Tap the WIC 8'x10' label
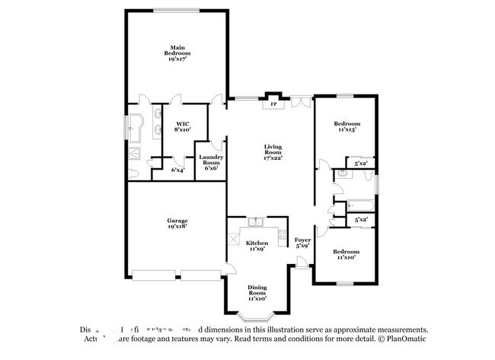(x=182, y=127)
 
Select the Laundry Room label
(x=210, y=163)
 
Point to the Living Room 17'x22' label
(x=273, y=151)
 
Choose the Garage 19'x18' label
(x=177, y=223)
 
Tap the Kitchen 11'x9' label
(x=256, y=245)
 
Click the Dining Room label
(x=257, y=293)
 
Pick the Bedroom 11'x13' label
(x=346, y=126)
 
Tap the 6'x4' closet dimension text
(x=177, y=170)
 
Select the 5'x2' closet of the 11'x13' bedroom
(x=361, y=163)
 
